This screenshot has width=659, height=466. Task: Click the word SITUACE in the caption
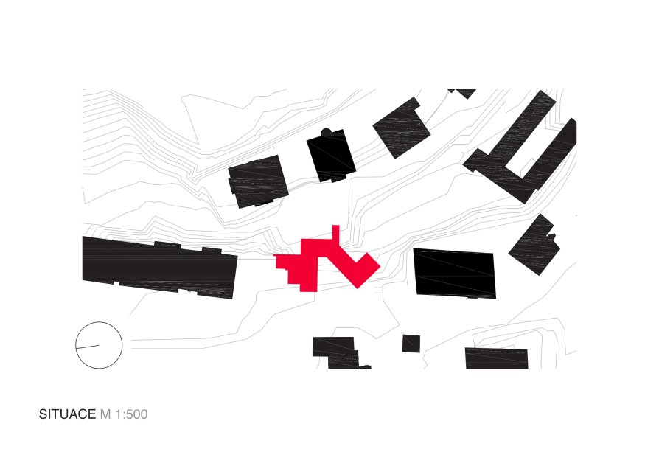click(67, 414)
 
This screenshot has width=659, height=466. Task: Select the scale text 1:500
click(131, 414)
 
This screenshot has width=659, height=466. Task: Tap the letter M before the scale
click(105, 414)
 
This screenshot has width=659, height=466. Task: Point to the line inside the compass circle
click(88, 347)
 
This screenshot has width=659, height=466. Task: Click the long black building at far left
click(160, 268)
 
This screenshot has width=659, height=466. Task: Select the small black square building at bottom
click(411, 344)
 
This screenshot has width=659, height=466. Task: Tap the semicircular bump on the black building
click(326, 133)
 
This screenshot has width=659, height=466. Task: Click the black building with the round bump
click(331, 156)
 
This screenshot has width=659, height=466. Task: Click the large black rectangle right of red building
click(455, 274)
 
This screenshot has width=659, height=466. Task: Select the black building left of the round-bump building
click(258, 181)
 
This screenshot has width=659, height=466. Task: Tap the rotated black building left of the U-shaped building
click(402, 128)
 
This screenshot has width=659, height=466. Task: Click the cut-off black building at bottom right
click(496, 358)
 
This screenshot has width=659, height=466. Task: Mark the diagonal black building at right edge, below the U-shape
click(534, 244)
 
